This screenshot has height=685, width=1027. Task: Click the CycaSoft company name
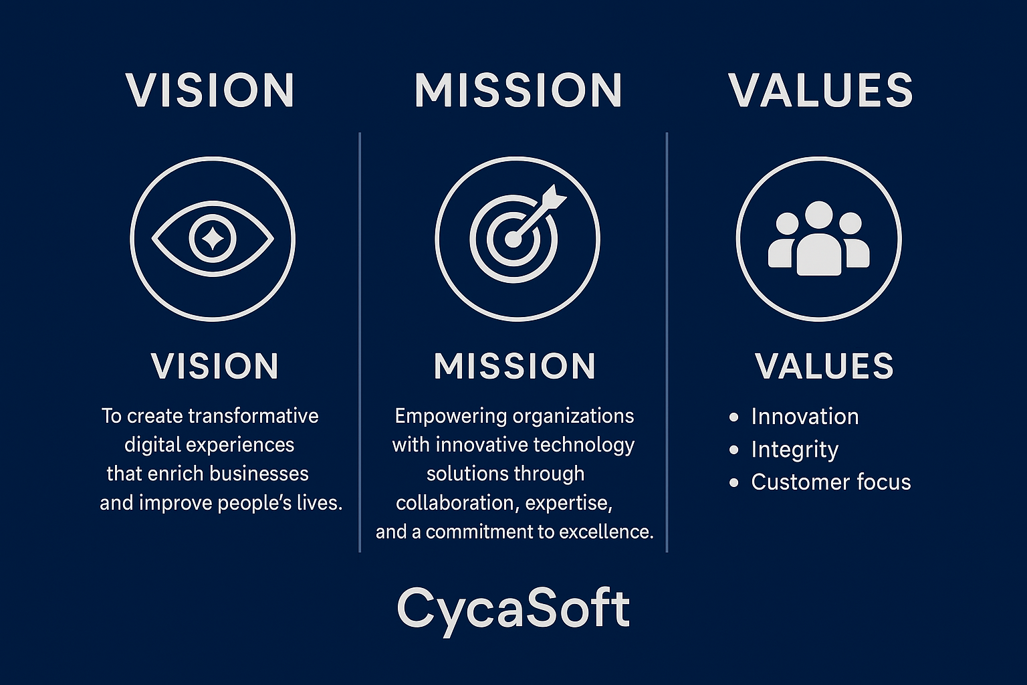click(x=513, y=610)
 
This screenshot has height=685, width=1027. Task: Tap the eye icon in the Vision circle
click(x=213, y=239)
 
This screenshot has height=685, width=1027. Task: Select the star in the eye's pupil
click(x=213, y=239)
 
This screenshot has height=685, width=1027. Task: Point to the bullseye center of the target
click(x=513, y=239)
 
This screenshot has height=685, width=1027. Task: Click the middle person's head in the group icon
click(x=819, y=215)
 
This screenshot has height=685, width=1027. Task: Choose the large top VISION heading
click(x=211, y=90)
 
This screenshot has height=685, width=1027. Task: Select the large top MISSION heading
click(x=518, y=90)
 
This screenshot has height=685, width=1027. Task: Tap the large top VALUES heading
click(x=820, y=90)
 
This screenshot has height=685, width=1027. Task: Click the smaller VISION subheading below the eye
click(x=215, y=366)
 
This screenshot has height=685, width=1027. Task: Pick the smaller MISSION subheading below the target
click(x=515, y=366)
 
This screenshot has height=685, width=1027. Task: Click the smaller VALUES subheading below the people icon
click(x=824, y=366)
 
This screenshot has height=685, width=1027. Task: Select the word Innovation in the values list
click(x=804, y=417)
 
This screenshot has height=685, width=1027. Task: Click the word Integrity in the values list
click(x=794, y=450)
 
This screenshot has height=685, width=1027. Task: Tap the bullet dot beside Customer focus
click(x=733, y=483)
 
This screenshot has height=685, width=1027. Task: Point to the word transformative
click(x=253, y=416)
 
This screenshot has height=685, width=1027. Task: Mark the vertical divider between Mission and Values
click(x=667, y=342)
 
